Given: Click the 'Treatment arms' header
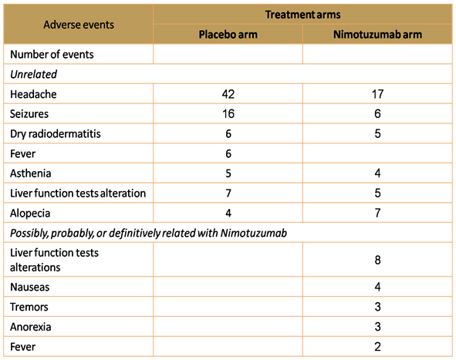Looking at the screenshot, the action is tap(302, 15).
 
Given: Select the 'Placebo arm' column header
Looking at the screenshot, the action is tap(228, 35).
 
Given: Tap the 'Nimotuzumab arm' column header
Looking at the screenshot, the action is tap(377, 35).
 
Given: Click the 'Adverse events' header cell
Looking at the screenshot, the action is tap(79, 25).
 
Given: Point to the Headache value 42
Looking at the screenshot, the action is tap(228, 94).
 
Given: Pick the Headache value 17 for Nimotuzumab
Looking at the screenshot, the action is tap(377, 94).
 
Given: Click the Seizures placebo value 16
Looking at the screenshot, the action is tap(228, 114).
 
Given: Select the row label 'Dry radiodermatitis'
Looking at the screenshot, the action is tap(56, 134).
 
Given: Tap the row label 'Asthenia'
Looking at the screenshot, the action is tap(31, 173).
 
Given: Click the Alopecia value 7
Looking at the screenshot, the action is tap(377, 214).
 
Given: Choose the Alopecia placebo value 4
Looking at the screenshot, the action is tap(228, 214).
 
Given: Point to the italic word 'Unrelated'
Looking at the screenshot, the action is tap(33, 74).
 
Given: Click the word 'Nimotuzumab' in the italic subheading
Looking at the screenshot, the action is tap(254, 233).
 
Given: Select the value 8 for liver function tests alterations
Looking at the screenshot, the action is tap(377, 260).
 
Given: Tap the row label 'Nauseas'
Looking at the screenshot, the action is tap(29, 287).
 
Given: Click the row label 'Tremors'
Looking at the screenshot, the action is tap(29, 307).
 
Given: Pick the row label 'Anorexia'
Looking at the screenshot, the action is tap(31, 327).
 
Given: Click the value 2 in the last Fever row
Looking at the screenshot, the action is tap(377, 347).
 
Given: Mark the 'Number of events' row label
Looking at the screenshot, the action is tap(52, 55).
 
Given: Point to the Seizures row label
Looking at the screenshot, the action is tap(29, 114).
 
